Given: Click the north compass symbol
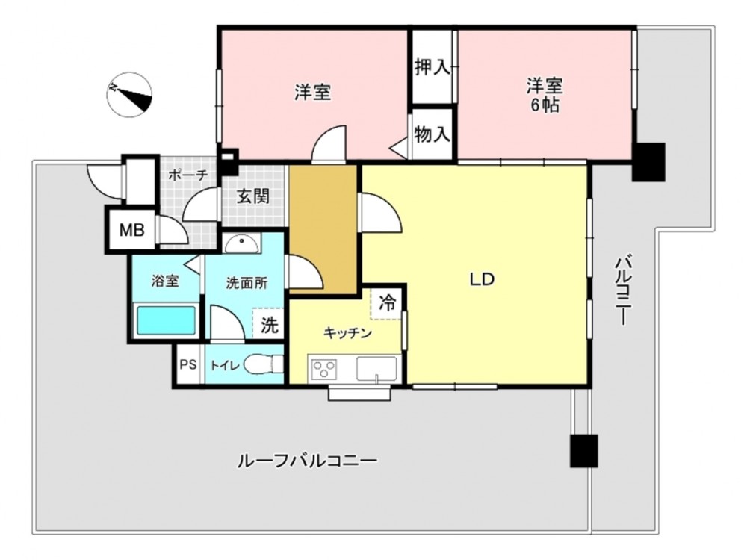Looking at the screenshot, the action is click(x=130, y=94).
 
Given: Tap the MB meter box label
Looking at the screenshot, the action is click(x=132, y=231).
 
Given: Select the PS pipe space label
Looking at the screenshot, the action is click(x=188, y=365).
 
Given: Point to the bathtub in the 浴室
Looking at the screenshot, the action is click(x=167, y=320).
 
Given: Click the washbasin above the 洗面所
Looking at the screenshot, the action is click(x=243, y=244).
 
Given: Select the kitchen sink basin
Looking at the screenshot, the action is click(x=376, y=369).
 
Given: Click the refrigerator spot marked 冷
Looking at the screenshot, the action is click(x=387, y=302).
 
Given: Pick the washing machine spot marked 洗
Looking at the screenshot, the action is click(x=269, y=326).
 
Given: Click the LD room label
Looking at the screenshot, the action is click(x=482, y=279).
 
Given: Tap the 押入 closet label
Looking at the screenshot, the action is click(x=432, y=67).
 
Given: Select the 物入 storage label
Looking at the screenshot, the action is click(x=432, y=134).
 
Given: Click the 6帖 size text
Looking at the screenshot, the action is click(x=545, y=105).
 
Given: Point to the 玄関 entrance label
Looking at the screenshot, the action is click(x=253, y=196).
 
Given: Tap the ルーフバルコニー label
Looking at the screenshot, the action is click(x=307, y=461).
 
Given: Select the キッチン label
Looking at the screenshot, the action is click(x=348, y=333).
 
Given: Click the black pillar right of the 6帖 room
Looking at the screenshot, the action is click(x=648, y=162).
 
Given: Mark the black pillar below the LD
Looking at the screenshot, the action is click(x=583, y=451).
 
